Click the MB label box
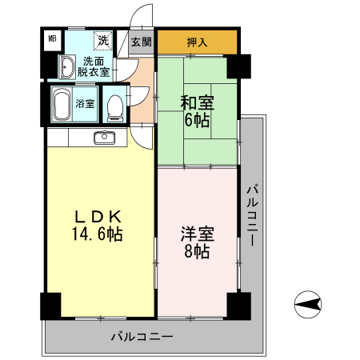pos(52,38)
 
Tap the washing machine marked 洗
pos(103,40)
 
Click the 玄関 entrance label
pos(142,42)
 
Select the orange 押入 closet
pos(197,42)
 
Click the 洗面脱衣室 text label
pos(94,66)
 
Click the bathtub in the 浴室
pos(62,103)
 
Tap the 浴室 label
pos(85,103)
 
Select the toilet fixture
pos(115,104)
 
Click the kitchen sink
pos(104,138)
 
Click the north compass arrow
pos(308,303)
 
